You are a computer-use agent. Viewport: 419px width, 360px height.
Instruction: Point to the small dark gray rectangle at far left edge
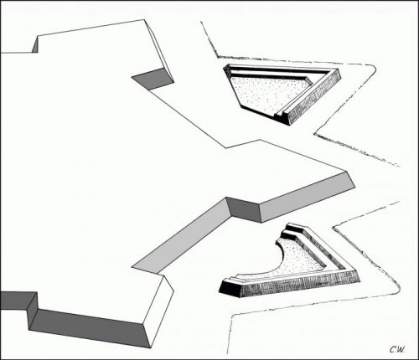pos(17,302)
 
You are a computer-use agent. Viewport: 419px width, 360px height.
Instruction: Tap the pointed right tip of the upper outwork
pos(340,74)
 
